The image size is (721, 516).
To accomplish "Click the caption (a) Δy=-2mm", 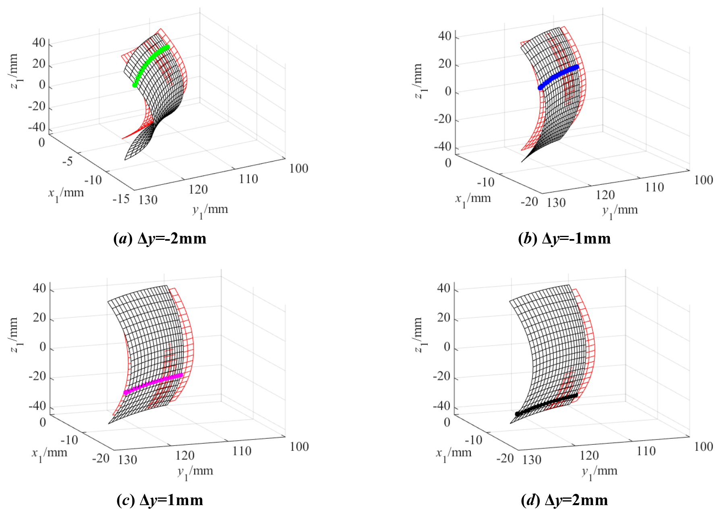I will [x=160, y=239].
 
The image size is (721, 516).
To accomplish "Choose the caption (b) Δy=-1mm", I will [x=564, y=239].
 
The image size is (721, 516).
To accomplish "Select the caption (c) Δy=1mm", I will [x=160, y=500].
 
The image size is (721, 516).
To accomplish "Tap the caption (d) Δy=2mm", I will [x=564, y=500].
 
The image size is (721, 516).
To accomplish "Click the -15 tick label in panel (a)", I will [x=121, y=199].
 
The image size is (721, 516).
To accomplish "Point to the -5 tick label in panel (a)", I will [x=68, y=161].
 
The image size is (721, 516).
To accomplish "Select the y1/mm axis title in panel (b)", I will [x=620, y=211].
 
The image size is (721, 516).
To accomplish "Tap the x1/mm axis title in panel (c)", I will [x=50, y=454].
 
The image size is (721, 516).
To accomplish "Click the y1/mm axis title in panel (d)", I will [x=599, y=472].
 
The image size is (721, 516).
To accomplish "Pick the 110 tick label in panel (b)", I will [x=655, y=187].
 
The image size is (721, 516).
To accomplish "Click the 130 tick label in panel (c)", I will [x=128, y=460].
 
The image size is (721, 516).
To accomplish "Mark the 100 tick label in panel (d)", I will [x=704, y=447].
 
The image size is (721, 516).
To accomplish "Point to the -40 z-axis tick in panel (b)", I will [x=443, y=147].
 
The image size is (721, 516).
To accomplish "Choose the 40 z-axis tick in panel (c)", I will [x=40, y=289].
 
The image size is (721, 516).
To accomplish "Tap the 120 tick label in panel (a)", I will [x=198, y=190].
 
